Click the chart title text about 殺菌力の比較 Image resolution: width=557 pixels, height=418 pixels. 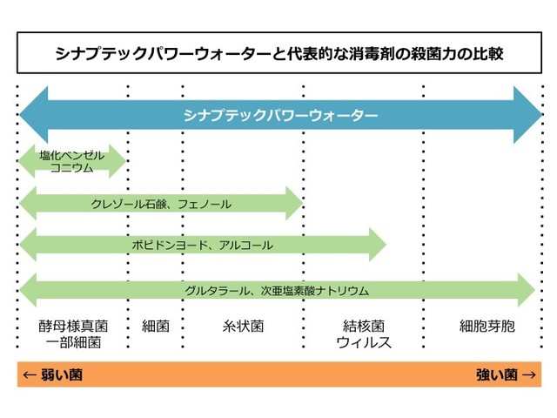tap(279, 53)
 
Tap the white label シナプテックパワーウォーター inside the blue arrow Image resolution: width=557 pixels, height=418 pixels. tap(280, 116)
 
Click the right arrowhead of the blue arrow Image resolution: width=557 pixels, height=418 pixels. tap(528, 115)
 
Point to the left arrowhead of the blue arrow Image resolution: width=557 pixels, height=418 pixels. tap(34, 115)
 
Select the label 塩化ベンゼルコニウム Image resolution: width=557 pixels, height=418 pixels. tap(71, 161)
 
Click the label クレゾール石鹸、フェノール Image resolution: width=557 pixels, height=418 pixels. tap(161, 204)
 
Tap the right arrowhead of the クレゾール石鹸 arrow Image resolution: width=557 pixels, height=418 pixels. tap(294, 203)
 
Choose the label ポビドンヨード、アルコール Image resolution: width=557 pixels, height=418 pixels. tap(203, 245)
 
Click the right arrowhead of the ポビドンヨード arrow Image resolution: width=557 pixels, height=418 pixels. tap(378, 245)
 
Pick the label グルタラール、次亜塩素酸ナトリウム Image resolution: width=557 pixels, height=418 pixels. tap(277, 291)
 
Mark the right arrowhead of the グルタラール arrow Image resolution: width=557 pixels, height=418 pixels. tap(527, 290)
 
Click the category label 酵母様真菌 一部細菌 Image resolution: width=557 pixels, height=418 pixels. tap(73, 334)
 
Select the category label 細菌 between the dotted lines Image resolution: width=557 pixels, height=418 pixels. tap(156, 326)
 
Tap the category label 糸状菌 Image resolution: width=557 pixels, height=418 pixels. tap(244, 326)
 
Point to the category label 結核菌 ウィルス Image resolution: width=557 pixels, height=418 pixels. tap(364, 334)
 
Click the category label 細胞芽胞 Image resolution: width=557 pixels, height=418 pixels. tap(487, 326)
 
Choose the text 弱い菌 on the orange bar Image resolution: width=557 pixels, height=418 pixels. tap(62, 374)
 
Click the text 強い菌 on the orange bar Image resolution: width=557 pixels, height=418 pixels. tap(497, 374)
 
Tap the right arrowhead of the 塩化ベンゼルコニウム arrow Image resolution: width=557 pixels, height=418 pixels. tap(117, 161)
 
